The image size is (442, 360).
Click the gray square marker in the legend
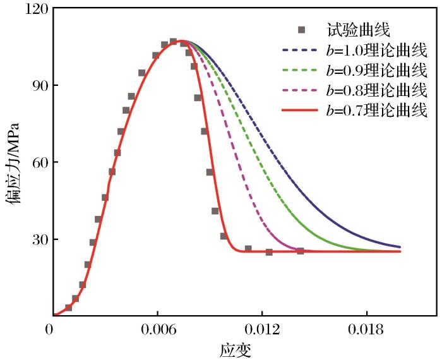pyautogui.click(x=302, y=29)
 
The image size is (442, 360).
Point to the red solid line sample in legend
pyautogui.click(x=301, y=110)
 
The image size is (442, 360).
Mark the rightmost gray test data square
pyautogui.click(x=301, y=251)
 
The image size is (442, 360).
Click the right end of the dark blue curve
pyautogui.click(x=400, y=247)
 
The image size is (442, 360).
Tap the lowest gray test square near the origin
pyautogui.click(x=68, y=308)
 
